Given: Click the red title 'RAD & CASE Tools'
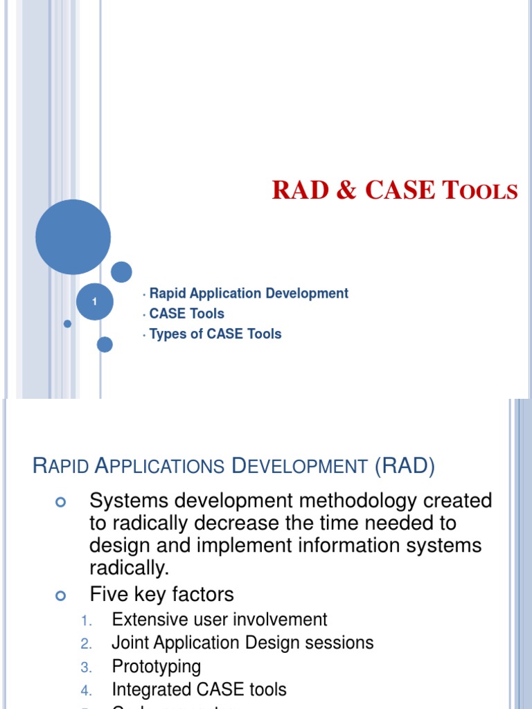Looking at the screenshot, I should [x=395, y=190].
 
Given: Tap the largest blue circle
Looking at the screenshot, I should [x=73, y=237].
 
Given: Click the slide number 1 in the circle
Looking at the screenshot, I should [x=94, y=302].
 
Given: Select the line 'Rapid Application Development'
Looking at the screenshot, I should [x=249, y=294].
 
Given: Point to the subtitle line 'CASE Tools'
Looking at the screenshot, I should [x=186, y=314].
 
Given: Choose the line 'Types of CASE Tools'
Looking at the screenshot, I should [x=215, y=334].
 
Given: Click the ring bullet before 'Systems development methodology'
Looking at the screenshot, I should [x=60, y=503].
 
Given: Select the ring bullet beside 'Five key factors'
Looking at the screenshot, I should [x=60, y=595].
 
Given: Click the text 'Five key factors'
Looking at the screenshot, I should [x=162, y=594].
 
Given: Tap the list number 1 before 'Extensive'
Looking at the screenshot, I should [x=86, y=620].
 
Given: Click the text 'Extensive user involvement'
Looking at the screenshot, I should [x=220, y=619].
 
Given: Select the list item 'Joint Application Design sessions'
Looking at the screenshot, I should [x=242, y=643].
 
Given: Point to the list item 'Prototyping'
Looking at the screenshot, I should [x=157, y=666].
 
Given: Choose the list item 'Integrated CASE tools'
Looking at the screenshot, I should [x=199, y=690].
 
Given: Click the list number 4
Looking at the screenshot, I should [x=86, y=691].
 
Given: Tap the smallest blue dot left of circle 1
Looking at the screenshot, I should [x=67, y=323].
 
